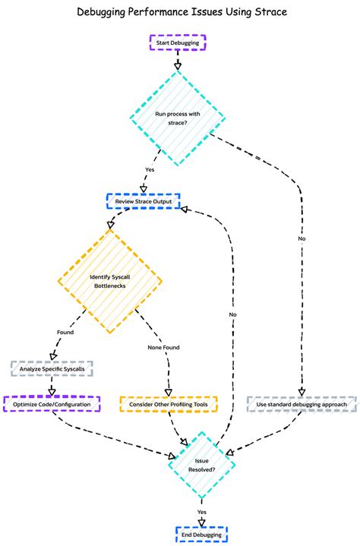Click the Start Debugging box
[178, 43]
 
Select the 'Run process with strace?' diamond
[178, 118]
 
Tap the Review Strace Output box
[143, 201]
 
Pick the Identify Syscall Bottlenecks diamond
[110, 282]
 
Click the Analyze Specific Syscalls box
[52, 369]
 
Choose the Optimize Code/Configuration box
[52, 404]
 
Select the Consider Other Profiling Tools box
[169, 404]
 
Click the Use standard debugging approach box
[302, 404]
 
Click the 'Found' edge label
[65, 333]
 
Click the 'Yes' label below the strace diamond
[150, 169]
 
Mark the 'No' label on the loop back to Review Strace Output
[233, 313]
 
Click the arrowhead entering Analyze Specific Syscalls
[52, 358]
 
